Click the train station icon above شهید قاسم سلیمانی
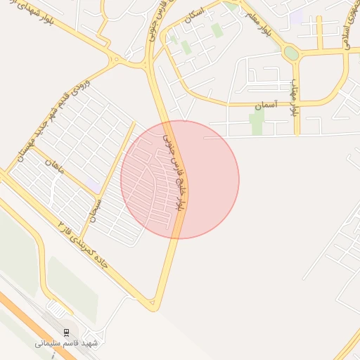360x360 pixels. coord(66,332)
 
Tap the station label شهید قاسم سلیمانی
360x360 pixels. coord(67,344)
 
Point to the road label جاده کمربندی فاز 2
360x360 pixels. coord(84,243)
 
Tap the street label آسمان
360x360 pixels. coord(266,105)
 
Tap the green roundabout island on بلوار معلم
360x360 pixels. coord(290,53)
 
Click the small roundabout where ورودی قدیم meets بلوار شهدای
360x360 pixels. coord(114,60)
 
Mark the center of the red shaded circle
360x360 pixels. coord(180,179)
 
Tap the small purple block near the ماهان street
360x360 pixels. coord(93,184)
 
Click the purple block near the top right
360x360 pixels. coord(296,16)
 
